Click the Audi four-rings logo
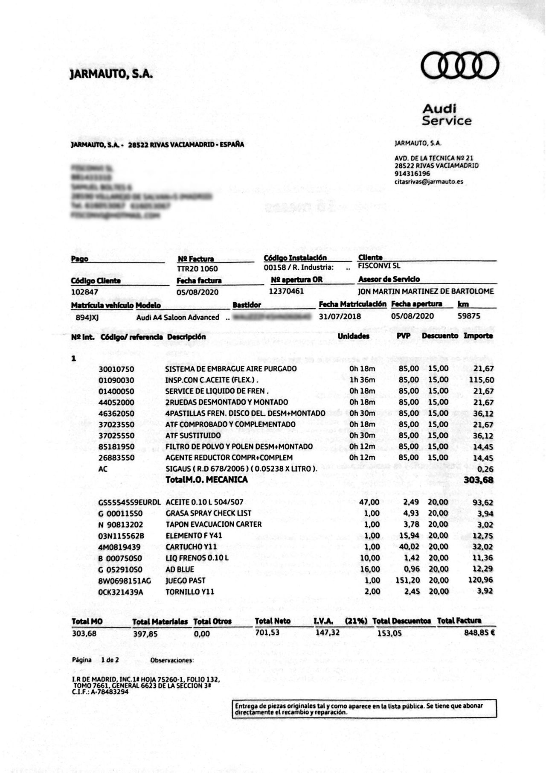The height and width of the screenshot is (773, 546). (x=460, y=65)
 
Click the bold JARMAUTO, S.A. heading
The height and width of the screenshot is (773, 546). (x=111, y=74)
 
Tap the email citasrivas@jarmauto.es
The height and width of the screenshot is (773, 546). (x=428, y=181)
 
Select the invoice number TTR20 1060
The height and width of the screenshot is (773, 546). (x=197, y=268)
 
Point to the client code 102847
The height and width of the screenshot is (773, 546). (x=84, y=292)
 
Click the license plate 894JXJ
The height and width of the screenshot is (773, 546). (x=87, y=317)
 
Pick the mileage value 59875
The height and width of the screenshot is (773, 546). (x=469, y=316)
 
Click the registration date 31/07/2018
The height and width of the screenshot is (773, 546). (x=340, y=316)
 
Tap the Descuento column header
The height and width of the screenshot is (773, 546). (x=440, y=336)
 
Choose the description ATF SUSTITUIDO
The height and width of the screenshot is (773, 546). (x=193, y=435)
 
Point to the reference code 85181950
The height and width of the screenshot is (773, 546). (x=116, y=446)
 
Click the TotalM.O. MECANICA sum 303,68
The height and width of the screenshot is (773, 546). (x=478, y=480)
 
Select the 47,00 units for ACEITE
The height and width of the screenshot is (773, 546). (x=369, y=502)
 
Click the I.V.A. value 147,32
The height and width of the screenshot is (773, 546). (x=327, y=632)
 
